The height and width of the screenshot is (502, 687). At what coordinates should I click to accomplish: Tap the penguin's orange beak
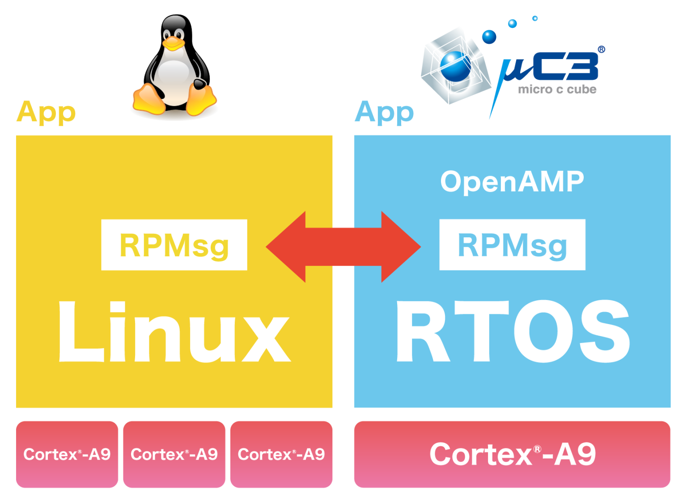[x=173, y=43]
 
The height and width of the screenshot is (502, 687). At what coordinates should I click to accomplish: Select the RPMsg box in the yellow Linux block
[x=174, y=245]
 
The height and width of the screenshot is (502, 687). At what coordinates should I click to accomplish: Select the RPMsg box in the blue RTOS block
[x=512, y=245]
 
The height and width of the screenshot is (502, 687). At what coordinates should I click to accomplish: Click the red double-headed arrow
[x=343, y=247]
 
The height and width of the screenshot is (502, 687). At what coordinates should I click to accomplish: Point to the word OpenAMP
[x=512, y=182]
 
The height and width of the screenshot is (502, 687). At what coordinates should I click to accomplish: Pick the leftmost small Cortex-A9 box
[x=67, y=454]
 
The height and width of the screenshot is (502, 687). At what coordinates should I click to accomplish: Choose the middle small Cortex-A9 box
[x=174, y=454]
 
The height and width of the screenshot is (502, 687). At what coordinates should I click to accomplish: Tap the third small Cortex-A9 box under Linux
[x=281, y=454]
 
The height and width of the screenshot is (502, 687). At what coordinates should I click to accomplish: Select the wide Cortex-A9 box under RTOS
[x=512, y=454]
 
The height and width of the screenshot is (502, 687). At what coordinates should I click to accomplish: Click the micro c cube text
[x=557, y=89]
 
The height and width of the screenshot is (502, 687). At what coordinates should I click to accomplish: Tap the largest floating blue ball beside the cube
[x=489, y=36]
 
